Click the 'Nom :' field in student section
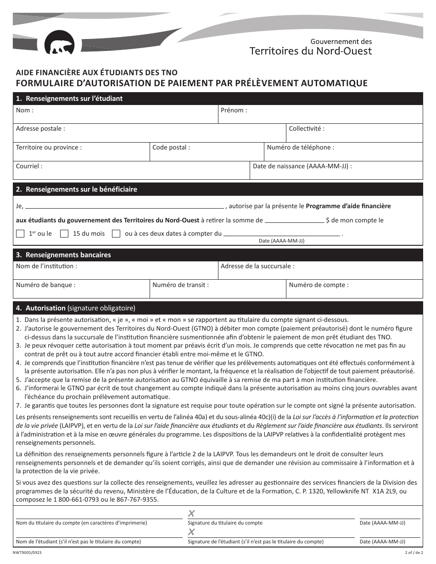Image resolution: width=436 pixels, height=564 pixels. point(115,115)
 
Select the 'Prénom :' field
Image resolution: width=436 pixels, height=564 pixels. point(320,115)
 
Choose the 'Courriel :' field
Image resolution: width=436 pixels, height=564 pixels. point(131,171)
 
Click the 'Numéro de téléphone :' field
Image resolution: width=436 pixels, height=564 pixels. point(343,152)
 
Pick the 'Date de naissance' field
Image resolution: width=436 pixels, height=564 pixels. point(336,171)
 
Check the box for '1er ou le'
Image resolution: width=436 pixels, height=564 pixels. point(20,234)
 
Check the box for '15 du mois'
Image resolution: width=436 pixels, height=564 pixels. point(65,234)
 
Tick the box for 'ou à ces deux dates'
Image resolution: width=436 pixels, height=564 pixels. point(117,234)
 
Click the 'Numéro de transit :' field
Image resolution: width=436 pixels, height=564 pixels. point(218,289)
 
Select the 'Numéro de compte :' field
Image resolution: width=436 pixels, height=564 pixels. point(354,289)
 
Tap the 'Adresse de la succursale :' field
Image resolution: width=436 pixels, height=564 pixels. point(320,271)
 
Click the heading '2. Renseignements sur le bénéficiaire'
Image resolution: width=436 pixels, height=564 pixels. point(81,189)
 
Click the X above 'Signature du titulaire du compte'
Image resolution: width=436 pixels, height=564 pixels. point(191,514)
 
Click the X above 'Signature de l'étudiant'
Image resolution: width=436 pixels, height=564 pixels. point(191,532)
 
